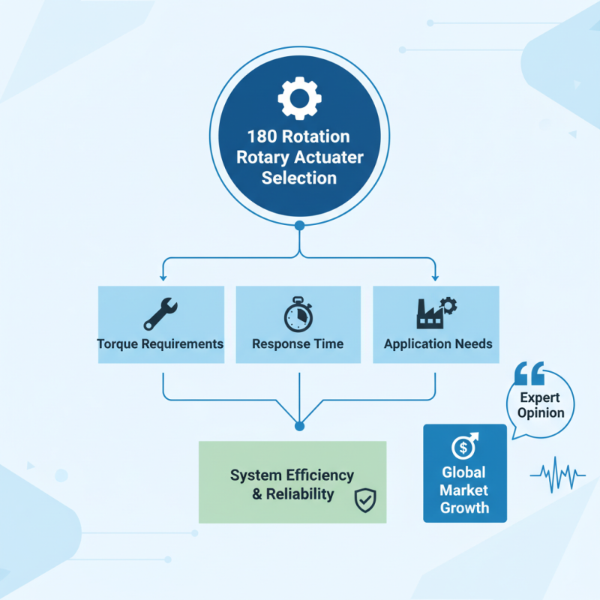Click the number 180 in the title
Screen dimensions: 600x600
(x=262, y=137)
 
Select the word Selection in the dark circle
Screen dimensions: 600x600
(x=299, y=178)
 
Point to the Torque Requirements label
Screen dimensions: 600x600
(x=160, y=344)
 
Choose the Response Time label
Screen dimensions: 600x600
(x=298, y=344)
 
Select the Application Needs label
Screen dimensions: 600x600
(x=438, y=344)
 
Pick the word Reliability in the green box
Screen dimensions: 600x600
(x=300, y=494)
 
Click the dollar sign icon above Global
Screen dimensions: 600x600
(x=463, y=447)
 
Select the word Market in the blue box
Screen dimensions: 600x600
(x=464, y=490)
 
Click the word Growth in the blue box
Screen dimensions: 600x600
(x=464, y=508)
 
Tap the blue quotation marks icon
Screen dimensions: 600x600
(x=530, y=372)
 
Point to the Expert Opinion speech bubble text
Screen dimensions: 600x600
(x=541, y=405)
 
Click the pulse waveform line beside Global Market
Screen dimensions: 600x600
(x=557, y=474)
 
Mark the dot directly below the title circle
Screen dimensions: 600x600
(x=299, y=225)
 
